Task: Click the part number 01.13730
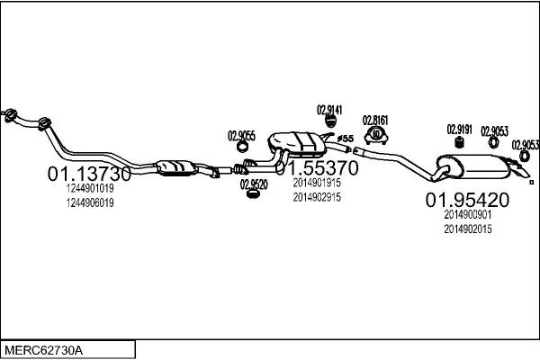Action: coord(89,174)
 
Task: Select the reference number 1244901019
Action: coord(89,189)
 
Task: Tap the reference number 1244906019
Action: coord(89,202)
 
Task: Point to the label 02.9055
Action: coord(241,136)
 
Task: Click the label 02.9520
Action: coord(253,184)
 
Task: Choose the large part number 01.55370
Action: coord(317,168)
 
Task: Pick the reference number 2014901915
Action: coord(317,182)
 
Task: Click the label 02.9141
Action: coord(330,110)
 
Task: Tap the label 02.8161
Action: coord(376,120)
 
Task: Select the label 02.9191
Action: coord(460,129)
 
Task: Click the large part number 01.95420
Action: coord(467,200)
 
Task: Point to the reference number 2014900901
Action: coord(467,215)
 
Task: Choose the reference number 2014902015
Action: coord(467,229)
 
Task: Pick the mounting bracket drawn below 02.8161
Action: coord(376,137)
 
